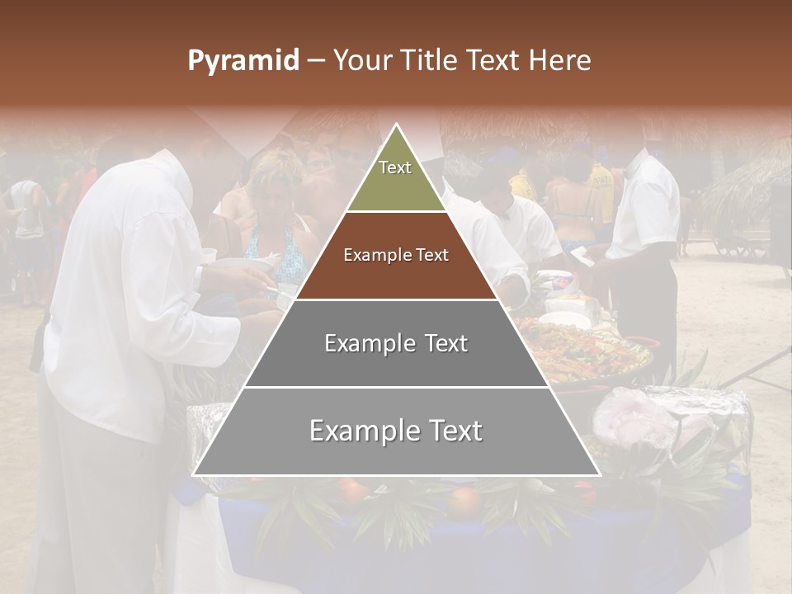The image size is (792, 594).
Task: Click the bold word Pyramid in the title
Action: click(243, 61)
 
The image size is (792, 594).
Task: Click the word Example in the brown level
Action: click(370, 255)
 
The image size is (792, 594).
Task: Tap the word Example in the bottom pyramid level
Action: click(357, 431)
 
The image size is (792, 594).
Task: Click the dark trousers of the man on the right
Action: click(652, 305)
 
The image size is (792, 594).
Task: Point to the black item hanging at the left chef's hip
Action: click(38, 346)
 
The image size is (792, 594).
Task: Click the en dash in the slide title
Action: click(316, 61)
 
